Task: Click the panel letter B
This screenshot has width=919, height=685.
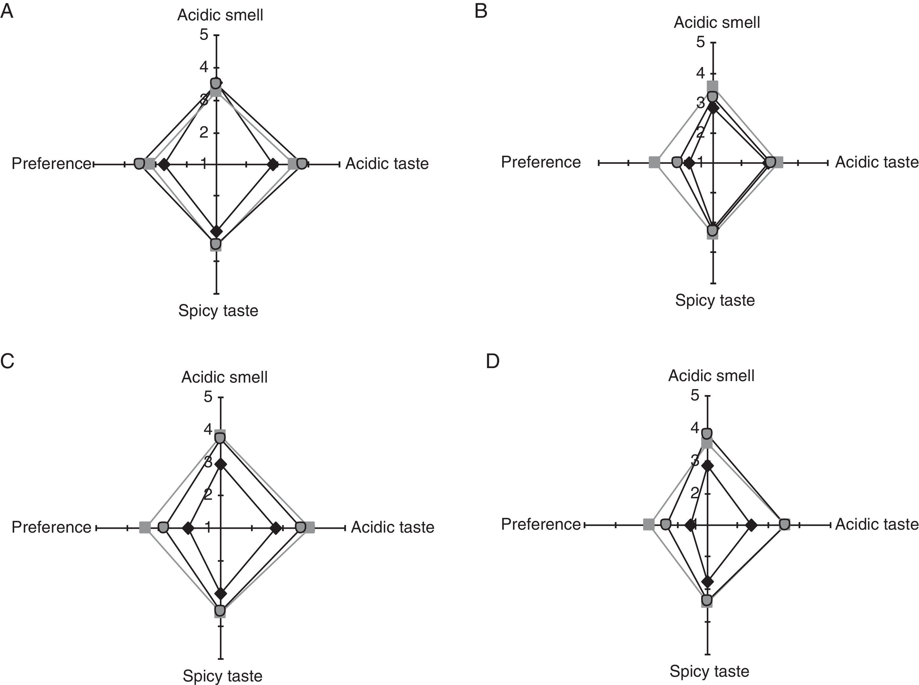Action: (x=481, y=12)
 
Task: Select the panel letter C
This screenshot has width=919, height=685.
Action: (x=7, y=361)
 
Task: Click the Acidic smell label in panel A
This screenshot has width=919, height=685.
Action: (x=220, y=15)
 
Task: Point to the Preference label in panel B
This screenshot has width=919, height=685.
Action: (x=540, y=162)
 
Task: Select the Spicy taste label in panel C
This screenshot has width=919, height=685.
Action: (x=222, y=676)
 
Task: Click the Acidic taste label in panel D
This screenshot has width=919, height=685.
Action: (x=877, y=524)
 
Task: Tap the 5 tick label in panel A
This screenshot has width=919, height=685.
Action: (x=204, y=34)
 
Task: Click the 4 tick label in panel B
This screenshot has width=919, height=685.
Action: (x=701, y=73)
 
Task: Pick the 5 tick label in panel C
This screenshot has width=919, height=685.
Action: (x=208, y=397)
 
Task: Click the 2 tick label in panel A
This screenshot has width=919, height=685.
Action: (x=204, y=132)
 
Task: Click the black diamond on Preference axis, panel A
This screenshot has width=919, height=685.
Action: (x=164, y=164)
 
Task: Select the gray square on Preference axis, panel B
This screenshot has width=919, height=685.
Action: (x=654, y=162)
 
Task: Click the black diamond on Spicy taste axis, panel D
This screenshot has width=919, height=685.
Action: (x=707, y=582)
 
